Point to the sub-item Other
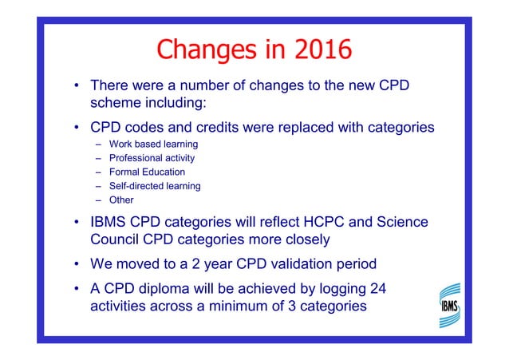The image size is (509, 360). (121, 200)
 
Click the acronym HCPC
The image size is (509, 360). (326, 221)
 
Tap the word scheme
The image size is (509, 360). (116, 101)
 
